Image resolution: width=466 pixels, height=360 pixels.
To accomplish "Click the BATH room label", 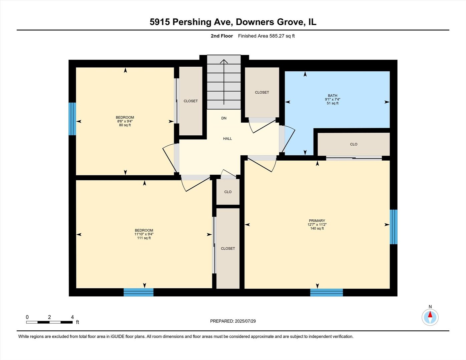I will coord(332,96).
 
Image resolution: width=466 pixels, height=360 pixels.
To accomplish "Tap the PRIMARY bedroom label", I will coord(317,221).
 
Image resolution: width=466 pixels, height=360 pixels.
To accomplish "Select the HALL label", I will coord(227,139).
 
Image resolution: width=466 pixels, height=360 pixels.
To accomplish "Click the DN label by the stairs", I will coord(224,118).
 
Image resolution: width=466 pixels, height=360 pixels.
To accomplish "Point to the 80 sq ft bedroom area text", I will coord(125,125).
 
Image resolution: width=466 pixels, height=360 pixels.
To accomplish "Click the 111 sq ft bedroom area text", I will coord(144,238).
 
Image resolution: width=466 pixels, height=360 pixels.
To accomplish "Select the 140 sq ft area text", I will coord(317,228).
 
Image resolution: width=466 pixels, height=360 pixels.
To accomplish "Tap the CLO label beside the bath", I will coord(354,144).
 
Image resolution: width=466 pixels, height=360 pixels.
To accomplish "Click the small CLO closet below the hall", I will coord(228,192).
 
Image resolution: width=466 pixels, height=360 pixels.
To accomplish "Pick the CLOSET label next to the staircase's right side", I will coord(262,92).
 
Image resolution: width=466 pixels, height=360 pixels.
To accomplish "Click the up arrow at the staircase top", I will coord(224,62).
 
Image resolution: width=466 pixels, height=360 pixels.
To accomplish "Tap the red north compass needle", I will coord(430,314).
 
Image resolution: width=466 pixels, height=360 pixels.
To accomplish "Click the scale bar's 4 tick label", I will coord(72,317).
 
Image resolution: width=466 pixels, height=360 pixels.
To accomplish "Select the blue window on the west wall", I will coord(72,119).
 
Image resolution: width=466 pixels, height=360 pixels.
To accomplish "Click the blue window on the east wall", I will coord(394,227).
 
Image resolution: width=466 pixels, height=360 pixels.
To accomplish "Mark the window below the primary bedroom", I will coord(326,292).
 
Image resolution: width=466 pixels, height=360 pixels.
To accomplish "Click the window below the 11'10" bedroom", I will coord(138,292).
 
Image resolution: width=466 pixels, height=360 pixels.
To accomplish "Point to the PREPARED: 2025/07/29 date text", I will coord(233,321).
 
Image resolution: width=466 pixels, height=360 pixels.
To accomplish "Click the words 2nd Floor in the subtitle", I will coord(221,36).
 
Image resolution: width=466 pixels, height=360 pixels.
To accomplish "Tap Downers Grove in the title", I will coord(270,22).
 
